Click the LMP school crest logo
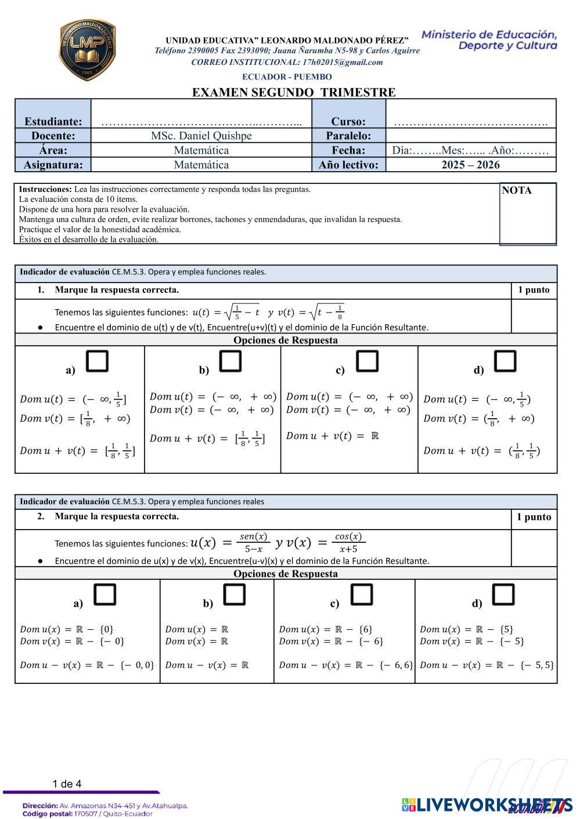click(x=87, y=50)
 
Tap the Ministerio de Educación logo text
click(x=489, y=39)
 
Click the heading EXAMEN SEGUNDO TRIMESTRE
click(x=294, y=92)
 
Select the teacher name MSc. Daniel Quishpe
click(x=201, y=136)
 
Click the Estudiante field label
click(x=53, y=121)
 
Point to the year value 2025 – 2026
click(x=470, y=165)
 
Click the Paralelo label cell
click(x=348, y=136)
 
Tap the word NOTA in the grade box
click(x=516, y=190)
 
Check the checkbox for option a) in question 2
click(x=105, y=595)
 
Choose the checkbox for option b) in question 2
click(x=235, y=595)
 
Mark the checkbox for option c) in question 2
click(x=362, y=595)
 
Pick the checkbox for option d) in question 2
click(x=503, y=595)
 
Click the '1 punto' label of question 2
click(x=534, y=517)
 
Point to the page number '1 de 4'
click(x=67, y=784)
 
